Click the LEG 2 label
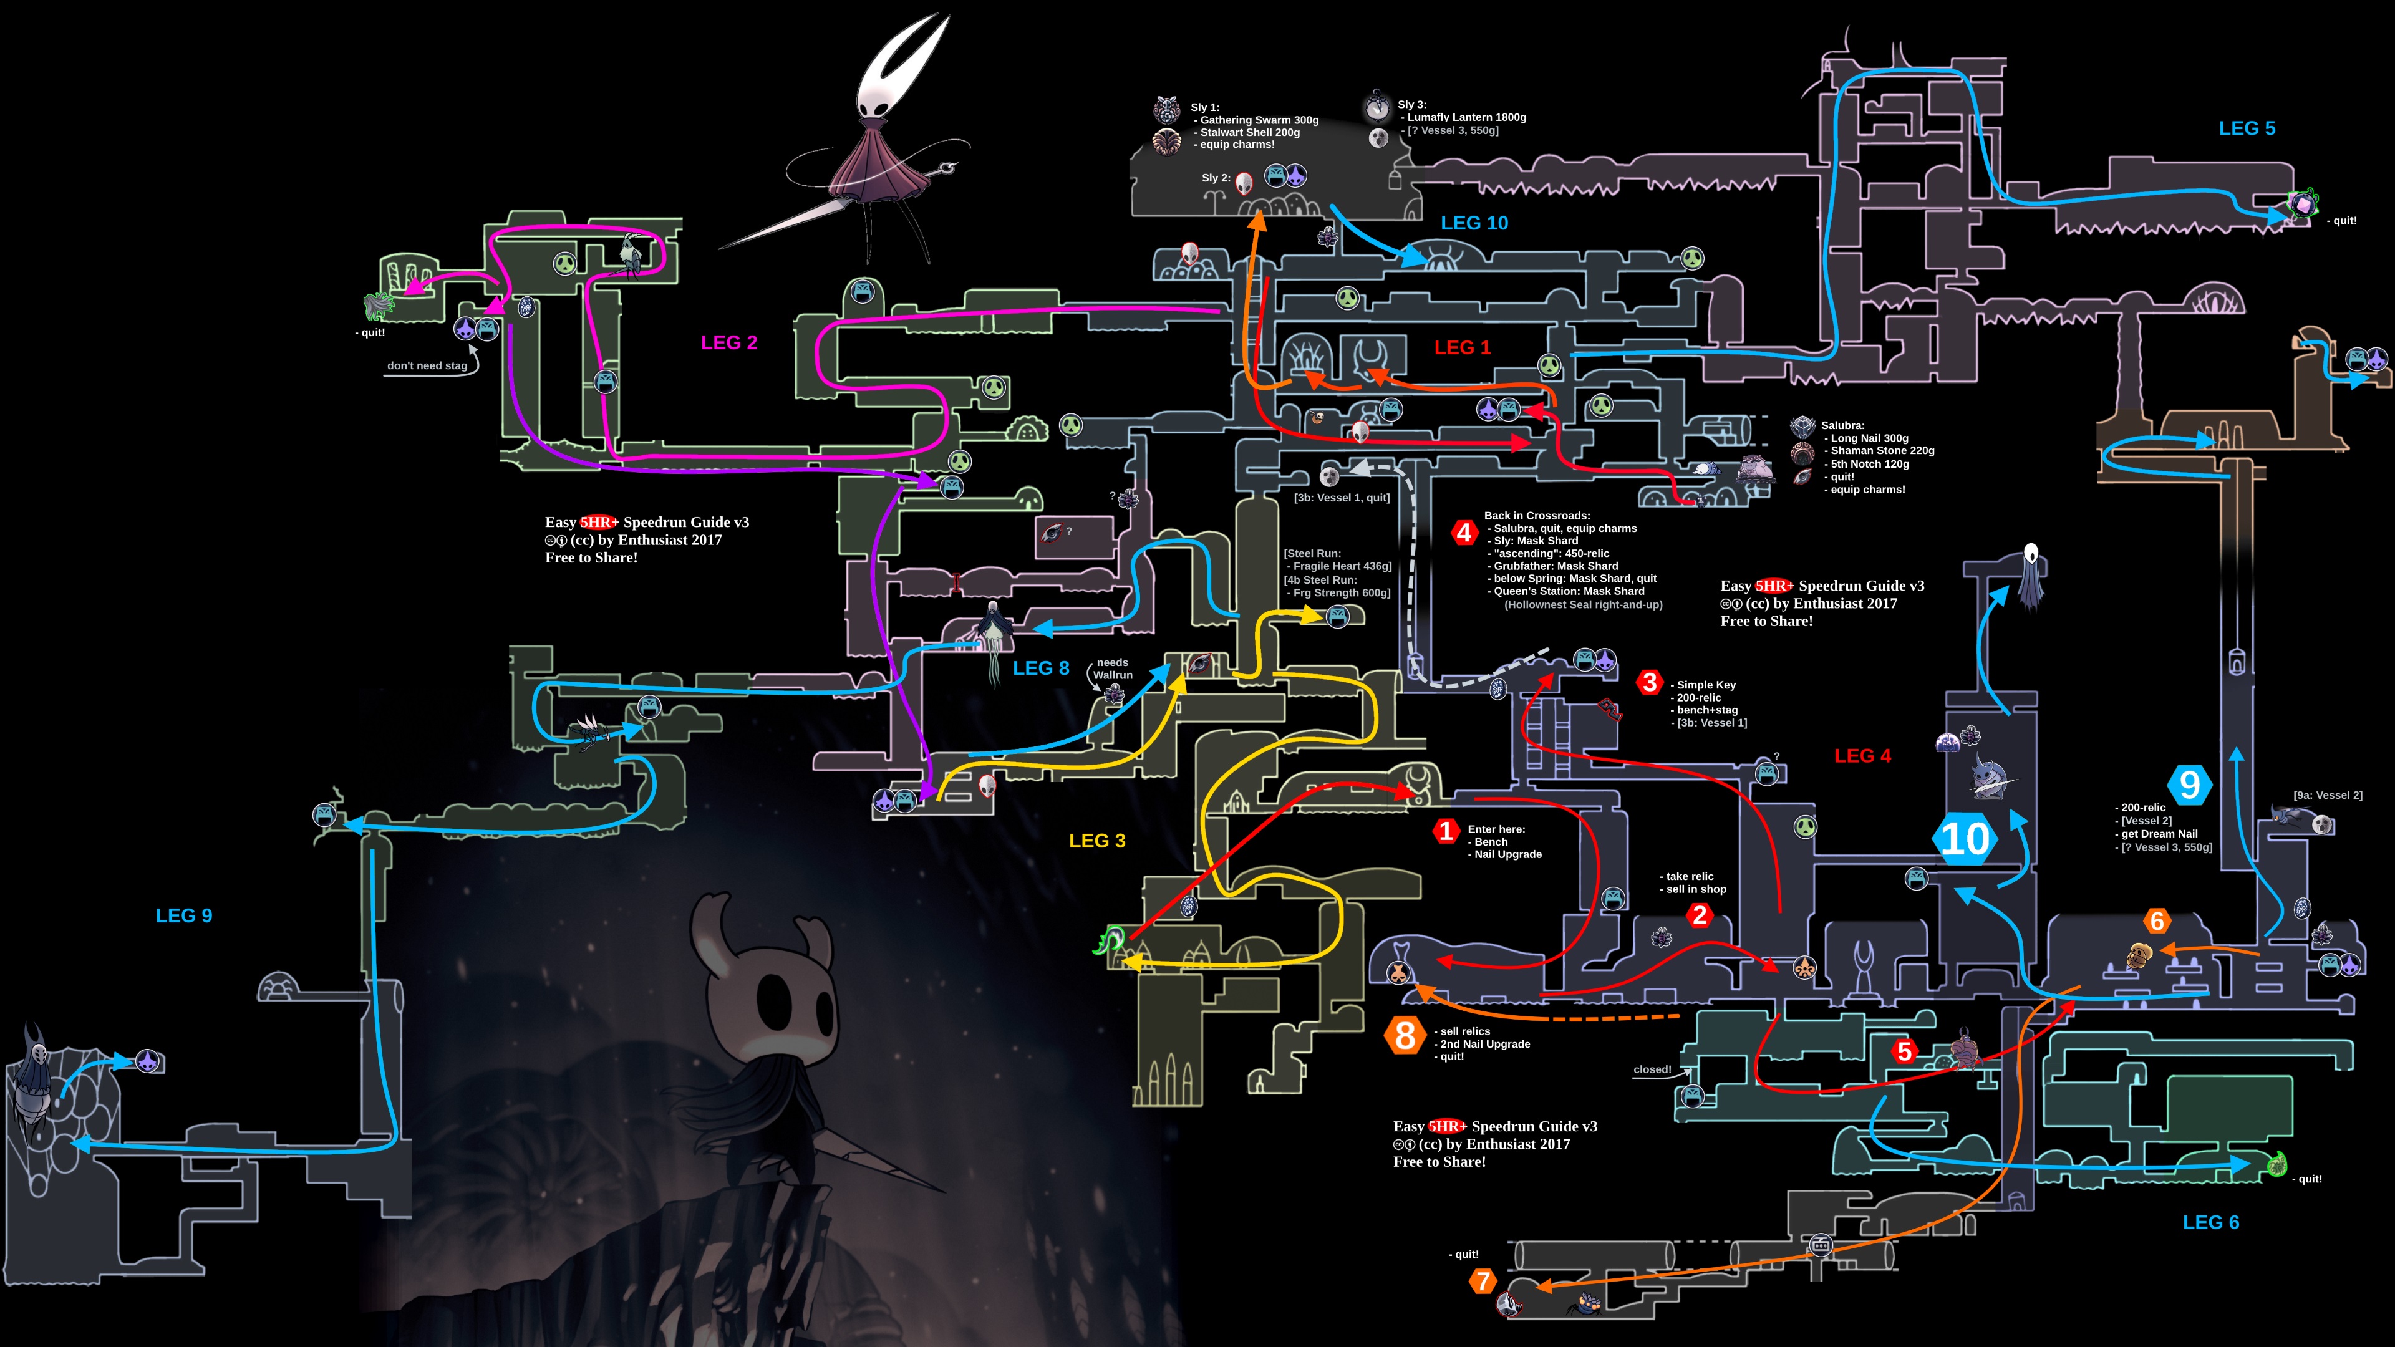point(729,342)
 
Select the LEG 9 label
point(184,915)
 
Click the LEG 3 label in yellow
point(1097,841)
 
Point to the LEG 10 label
point(1474,223)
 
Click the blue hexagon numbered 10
point(1965,839)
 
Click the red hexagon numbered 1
point(1446,830)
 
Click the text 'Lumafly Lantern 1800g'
point(1466,117)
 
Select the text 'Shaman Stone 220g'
point(1882,451)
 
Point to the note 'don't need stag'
point(427,365)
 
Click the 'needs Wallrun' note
point(1112,669)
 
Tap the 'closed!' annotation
point(1652,1069)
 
